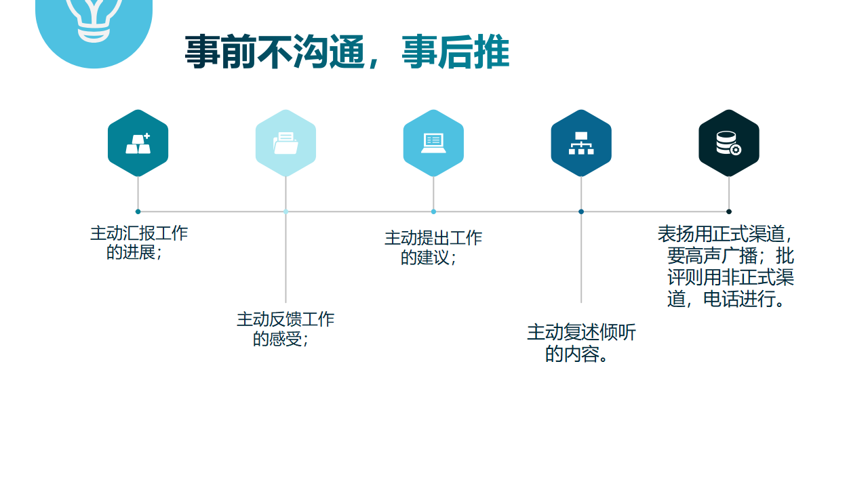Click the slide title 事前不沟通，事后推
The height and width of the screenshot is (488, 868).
point(347,52)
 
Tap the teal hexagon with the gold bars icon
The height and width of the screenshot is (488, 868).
point(138,143)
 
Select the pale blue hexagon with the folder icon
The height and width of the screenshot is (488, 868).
point(285,143)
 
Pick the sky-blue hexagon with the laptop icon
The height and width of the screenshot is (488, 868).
point(433,143)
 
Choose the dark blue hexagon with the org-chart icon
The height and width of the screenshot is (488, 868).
point(581,143)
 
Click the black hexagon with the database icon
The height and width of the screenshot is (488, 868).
point(729,143)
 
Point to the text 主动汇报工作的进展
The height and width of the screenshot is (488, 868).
point(139,243)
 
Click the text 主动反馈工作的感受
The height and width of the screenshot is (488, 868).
point(285,329)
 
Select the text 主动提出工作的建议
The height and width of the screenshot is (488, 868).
point(433,248)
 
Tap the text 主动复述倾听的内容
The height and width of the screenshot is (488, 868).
point(581,343)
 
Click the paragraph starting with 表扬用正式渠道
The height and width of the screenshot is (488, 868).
point(726,266)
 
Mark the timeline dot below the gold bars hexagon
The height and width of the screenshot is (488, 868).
point(138,211)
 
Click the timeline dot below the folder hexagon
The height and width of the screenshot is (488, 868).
point(285,211)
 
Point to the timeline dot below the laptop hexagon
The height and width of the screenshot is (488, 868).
point(433,211)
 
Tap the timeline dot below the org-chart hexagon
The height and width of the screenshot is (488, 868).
point(581,211)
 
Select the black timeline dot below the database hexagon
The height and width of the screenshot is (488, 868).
point(729,211)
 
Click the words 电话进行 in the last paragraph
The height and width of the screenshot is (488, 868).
point(739,299)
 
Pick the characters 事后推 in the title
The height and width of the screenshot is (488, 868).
point(456,52)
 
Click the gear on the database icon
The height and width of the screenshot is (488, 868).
point(736,150)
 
